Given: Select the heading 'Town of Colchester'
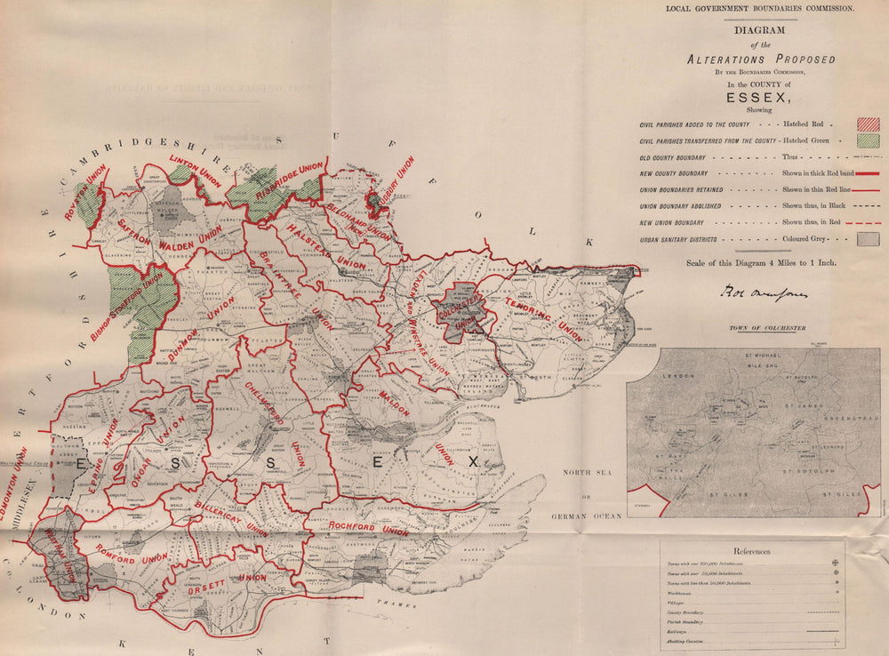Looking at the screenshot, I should point(767,329).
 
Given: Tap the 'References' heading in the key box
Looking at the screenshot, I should point(751,551).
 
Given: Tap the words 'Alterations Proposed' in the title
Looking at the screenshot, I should point(761,59).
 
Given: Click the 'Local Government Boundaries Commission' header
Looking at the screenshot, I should point(759,8).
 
